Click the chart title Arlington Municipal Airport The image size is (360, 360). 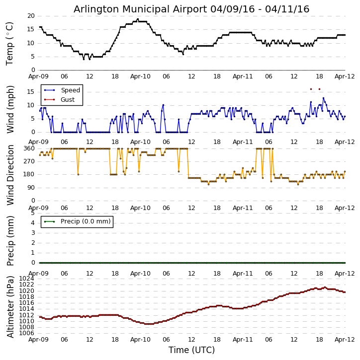pos(191,9)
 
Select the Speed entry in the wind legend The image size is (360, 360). pos(70,90)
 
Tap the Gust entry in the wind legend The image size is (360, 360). pos(68,100)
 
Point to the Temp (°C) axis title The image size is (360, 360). pos(10,43)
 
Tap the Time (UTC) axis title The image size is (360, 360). pos(191,350)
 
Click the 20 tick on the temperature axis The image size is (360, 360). pos(31,16)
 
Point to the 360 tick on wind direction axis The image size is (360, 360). pos(29,148)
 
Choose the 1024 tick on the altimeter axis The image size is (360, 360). pos(27,279)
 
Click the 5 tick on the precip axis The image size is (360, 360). pos(32,213)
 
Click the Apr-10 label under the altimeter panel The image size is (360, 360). pos(140,340)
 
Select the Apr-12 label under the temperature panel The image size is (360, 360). pos(345,76)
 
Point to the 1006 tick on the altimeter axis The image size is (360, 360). pos(27,333)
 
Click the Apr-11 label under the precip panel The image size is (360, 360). pos(243,274)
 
